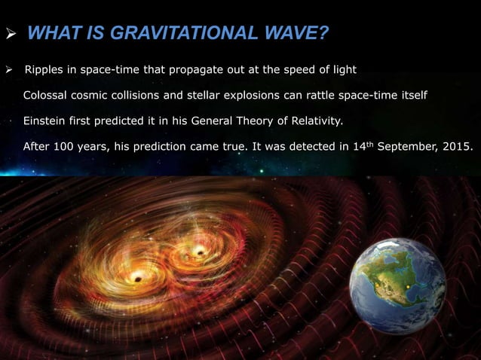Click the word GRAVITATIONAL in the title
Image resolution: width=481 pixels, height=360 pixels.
(166, 34)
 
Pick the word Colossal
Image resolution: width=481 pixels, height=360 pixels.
(47, 96)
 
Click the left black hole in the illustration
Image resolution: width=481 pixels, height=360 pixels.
(136, 277)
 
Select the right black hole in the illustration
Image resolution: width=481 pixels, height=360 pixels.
(201, 250)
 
